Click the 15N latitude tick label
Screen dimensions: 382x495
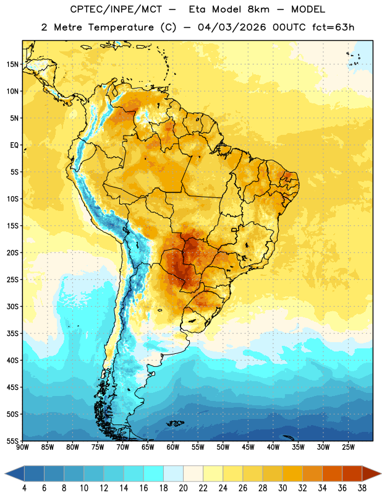pos(12,64)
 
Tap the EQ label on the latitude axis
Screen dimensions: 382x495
pos(14,145)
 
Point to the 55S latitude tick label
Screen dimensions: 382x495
pos(12,441)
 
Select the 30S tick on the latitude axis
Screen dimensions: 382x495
pos(12,306)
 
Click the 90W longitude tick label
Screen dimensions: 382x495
pos(22,447)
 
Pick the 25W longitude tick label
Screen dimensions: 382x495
pos(348,447)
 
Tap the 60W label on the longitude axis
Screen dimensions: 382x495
pos(173,447)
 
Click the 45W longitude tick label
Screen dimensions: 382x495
pos(248,447)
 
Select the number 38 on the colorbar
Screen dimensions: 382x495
pos(362,488)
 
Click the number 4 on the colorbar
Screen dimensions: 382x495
pos(24,488)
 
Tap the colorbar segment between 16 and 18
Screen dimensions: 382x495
pos(154,474)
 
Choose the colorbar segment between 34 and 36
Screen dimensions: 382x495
pos(332,474)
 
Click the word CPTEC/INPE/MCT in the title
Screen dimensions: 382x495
pos(116,9)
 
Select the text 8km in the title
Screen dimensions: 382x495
pos(258,9)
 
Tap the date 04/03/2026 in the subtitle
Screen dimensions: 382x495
pos(232,27)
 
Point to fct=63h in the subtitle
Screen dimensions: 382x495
pos(333,27)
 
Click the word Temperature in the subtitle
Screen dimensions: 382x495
pos(121,27)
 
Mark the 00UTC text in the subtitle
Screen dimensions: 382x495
pos(289,27)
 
